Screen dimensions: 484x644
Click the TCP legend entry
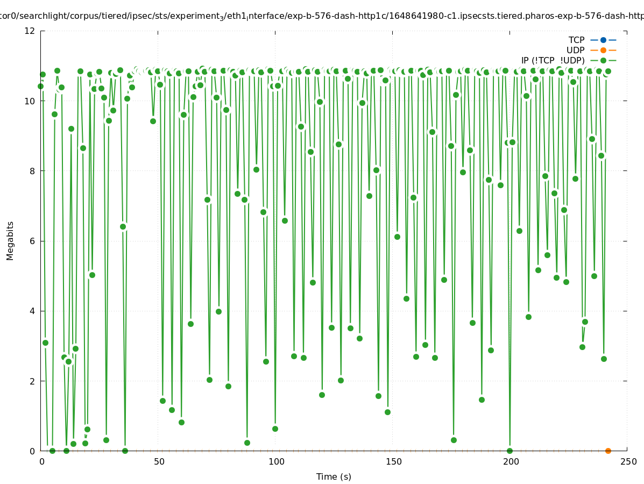(576, 40)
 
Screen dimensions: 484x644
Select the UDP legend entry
(575, 50)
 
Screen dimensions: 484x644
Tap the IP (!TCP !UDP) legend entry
(553, 60)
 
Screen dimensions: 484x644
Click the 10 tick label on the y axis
(30, 101)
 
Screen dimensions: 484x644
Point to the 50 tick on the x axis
(159, 461)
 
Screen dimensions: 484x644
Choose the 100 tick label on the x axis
(276, 461)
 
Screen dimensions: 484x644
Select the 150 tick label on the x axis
(393, 461)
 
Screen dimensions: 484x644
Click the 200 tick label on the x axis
(511, 461)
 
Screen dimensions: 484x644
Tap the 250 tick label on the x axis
(628, 461)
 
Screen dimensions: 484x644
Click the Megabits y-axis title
(10, 240)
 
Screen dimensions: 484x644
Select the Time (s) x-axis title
(334, 476)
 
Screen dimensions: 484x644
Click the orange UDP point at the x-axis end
(608, 451)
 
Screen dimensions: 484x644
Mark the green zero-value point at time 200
(509, 451)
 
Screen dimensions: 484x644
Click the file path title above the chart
(322, 16)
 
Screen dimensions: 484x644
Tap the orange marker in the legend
(603, 50)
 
